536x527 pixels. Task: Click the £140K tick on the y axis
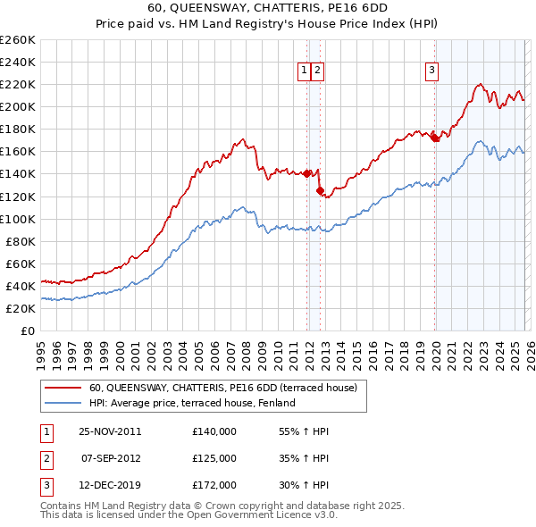[17, 173]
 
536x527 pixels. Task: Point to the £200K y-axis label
[17, 106]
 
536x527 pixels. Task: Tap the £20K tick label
[20, 308]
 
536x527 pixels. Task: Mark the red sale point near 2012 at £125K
[320, 190]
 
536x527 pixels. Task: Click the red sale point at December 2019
[434, 138]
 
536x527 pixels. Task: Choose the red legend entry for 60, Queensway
[223, 388]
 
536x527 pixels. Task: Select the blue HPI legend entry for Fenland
[192, 403]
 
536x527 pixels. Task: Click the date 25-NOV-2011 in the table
[110, 431]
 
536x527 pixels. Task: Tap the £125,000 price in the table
[214, 458]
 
